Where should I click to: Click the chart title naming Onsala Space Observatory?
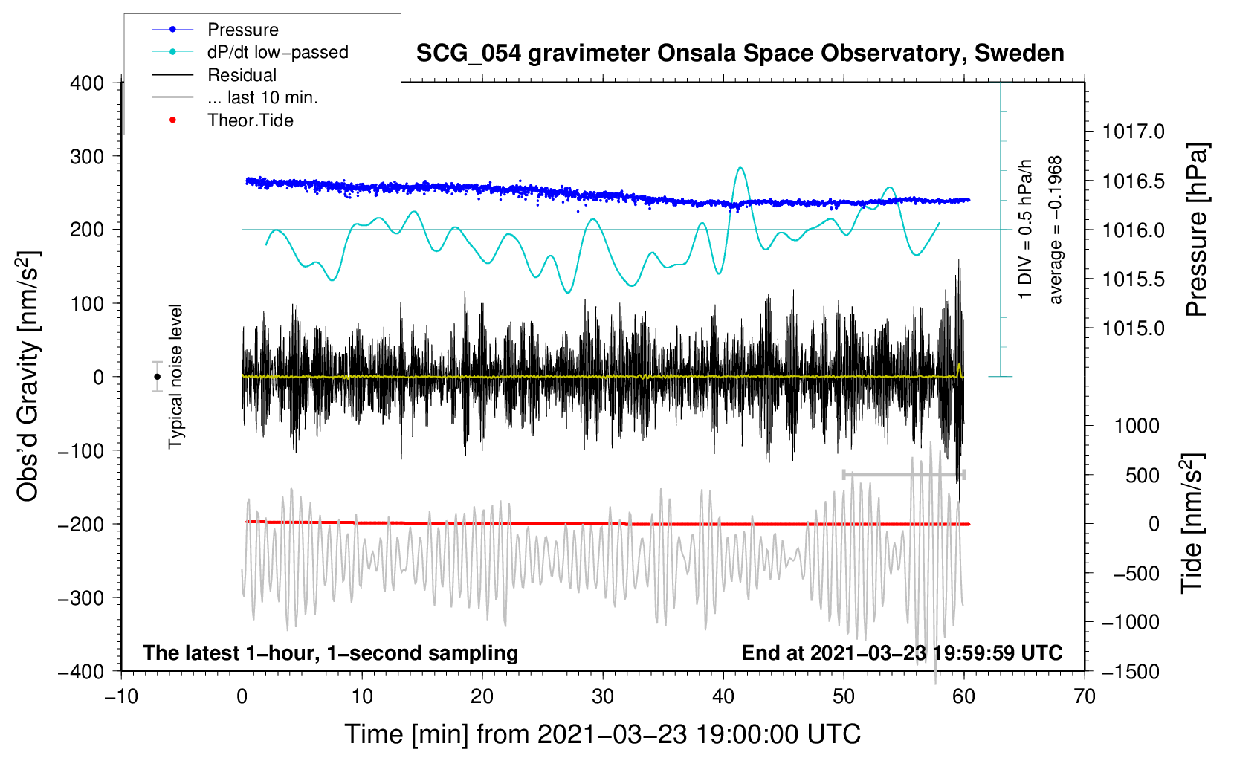tap(740, 54)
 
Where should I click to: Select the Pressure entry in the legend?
tap(243, 30)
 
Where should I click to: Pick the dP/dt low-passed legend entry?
tap(277, 52)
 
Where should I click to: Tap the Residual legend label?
tap(242, 75)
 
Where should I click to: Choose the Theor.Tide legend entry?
tap(250, 120)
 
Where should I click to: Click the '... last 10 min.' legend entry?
tap(262, 97)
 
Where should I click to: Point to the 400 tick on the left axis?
tap(87, 83)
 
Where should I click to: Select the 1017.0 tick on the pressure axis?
tap(1133, 132)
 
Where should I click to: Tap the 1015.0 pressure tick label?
tap(1133, 328)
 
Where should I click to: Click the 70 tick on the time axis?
tap(1085, 696)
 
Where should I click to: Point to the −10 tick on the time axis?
tap(121, 696)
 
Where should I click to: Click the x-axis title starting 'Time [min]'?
tap(603, 734)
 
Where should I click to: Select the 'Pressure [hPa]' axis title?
tap(1196, 230)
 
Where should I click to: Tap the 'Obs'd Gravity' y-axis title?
tap(28, 377)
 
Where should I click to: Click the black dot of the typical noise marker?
tap(158, 377)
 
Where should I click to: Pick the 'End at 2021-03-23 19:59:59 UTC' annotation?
tap(902, 653)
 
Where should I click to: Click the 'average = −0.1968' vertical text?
tap(1056, 230)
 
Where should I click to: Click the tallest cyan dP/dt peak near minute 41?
tap(740, 168)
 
